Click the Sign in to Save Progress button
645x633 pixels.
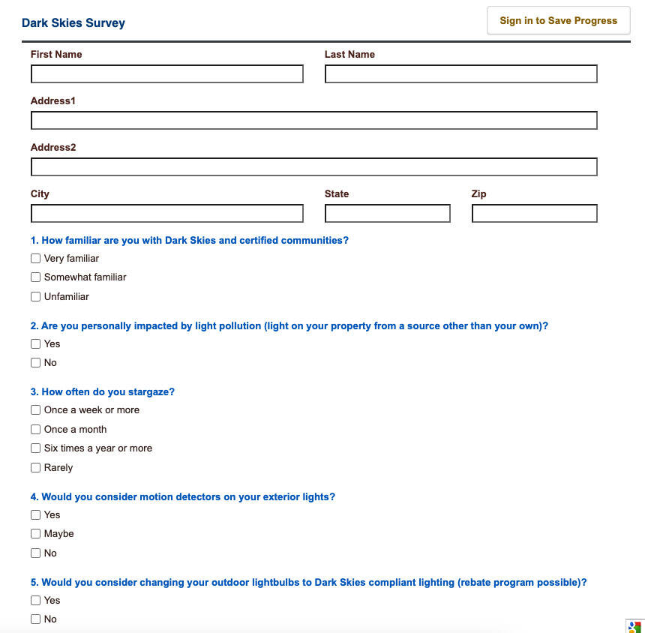tap(558, 21)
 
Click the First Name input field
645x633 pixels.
tap(166, 73)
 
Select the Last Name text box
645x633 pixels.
tap(460, 73)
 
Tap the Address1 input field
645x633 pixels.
tap(313, 120)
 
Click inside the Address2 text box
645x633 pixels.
tap(313, 166)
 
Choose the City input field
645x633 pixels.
tap(166, 213)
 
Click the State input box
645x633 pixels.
tap(387, 213)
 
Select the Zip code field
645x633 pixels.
tap(534, 213)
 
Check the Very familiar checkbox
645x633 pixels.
tap(35, 258)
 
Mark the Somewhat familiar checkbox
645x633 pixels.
tap(35, 277)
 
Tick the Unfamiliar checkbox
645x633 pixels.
tap(35, 296)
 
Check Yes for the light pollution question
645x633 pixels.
tap(35, 343)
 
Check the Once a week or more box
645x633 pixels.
tap(35, 409)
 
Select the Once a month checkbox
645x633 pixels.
tap(35, 429)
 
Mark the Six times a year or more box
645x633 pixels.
tap(35, 448)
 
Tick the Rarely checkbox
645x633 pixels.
tap(35, 467)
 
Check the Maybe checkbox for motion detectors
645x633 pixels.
tap(35, 533)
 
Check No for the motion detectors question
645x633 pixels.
tap(35, 553)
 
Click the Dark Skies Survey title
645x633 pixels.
tap(73, 22)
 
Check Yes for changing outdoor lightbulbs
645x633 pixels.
tap(35, 600)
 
